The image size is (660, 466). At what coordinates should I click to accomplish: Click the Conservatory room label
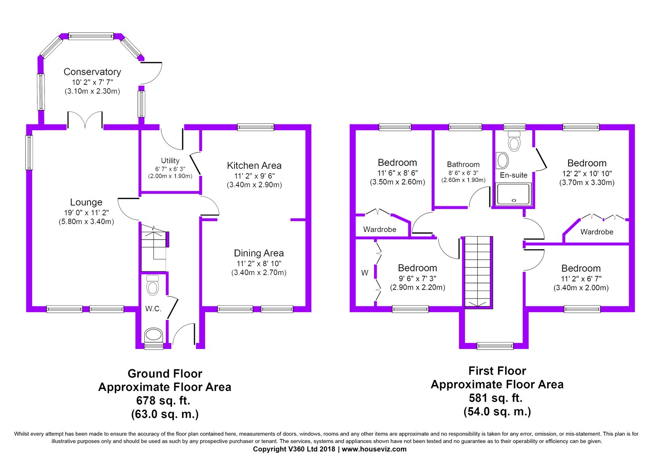coord(92,72)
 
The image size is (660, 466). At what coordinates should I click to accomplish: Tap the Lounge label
coord(86,202)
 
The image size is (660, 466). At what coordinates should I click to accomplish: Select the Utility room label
coord(170,160)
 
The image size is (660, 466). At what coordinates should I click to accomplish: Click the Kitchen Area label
coord(254,166)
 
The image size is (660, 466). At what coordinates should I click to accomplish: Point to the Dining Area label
coord(259,253)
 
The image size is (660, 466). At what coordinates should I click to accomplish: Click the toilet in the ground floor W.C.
coord(153,285)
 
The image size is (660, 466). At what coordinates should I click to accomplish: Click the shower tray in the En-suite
coord(513,194)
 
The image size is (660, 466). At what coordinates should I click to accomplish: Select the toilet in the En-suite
coord(513,140)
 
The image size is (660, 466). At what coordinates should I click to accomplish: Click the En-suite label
coord(513,175)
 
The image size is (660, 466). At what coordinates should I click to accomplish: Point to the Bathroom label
coord(463,164)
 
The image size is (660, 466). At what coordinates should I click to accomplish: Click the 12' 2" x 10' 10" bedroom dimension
coord(587,173)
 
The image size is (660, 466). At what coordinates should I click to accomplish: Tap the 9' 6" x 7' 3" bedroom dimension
coord(417,278)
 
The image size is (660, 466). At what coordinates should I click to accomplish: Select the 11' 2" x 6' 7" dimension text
coord(581,279)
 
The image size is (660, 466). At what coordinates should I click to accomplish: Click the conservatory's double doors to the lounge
coord(85,120)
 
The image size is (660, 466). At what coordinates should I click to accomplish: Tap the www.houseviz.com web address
coord(374,449)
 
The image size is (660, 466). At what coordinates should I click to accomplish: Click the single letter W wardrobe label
coord(365,273)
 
